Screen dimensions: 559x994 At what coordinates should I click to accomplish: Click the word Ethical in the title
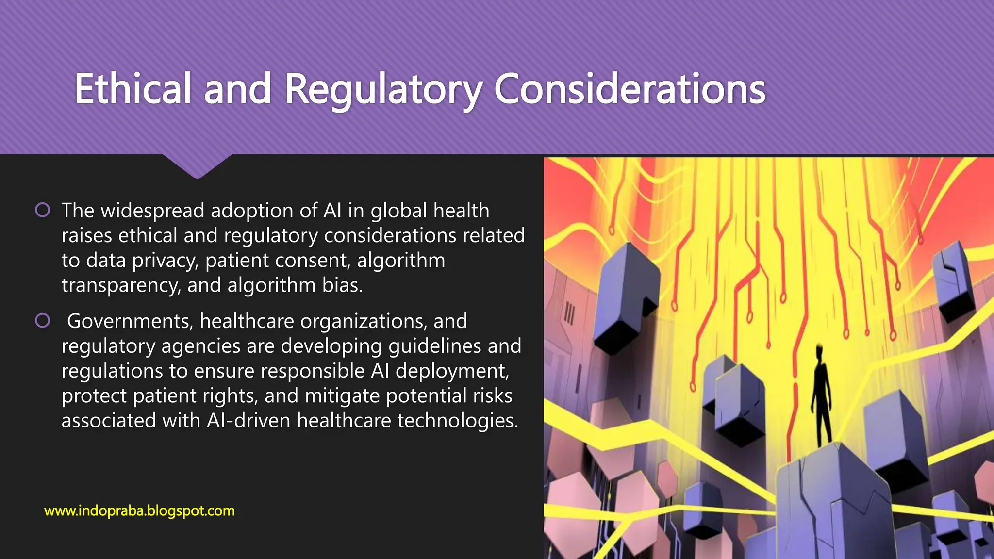(x=133, y=89)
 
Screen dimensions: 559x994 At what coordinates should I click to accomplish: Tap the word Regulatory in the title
(x=383, y=90)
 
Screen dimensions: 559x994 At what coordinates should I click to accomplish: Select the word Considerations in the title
(x=630, y=89)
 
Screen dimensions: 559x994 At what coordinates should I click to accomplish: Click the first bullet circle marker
(x=43, y=210)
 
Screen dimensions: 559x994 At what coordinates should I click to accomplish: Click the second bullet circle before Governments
(x=43, y=321)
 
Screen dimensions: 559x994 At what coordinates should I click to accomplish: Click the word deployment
(x=452, y=371)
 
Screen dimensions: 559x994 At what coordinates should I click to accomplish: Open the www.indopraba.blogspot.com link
(x=139, y=510)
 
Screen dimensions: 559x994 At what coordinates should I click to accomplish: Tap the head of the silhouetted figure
(x=820, y=350)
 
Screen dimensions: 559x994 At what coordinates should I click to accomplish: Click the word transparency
(x=121, y=285)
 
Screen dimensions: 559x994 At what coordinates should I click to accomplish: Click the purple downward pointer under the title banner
(x=197, y=166)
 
